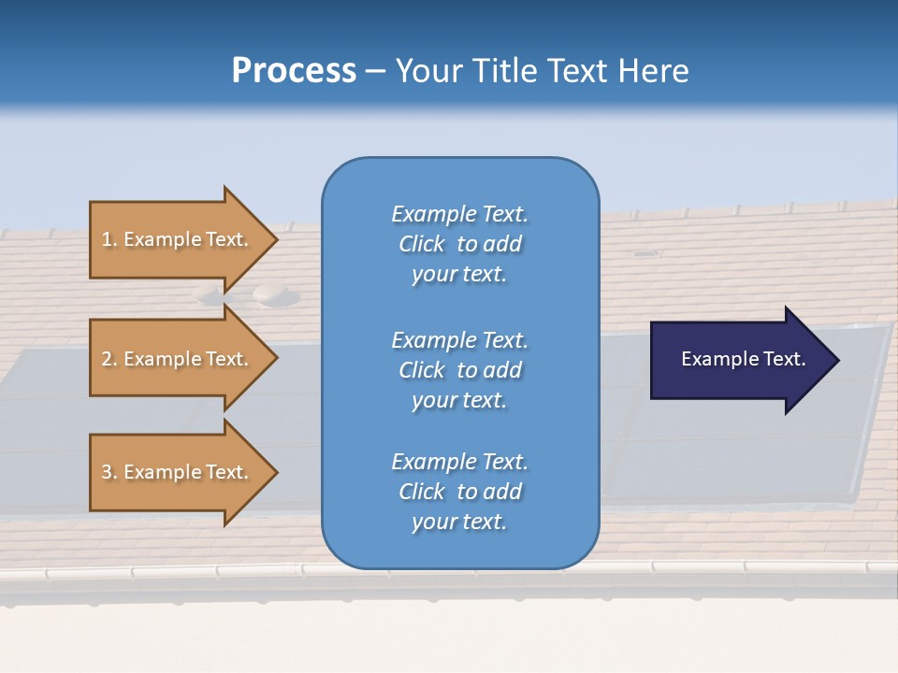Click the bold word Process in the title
294,70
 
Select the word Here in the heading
653,70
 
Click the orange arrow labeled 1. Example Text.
184,239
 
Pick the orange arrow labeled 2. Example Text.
184,358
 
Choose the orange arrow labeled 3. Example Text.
184,472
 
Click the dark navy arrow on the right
745,360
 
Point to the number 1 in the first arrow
107,239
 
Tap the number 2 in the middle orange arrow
108,359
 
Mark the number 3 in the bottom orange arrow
108,472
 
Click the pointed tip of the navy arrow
839,360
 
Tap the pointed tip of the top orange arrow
278,239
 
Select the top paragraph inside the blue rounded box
459,244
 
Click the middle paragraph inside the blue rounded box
459,370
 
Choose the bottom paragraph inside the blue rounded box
459,492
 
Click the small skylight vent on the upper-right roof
644,253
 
